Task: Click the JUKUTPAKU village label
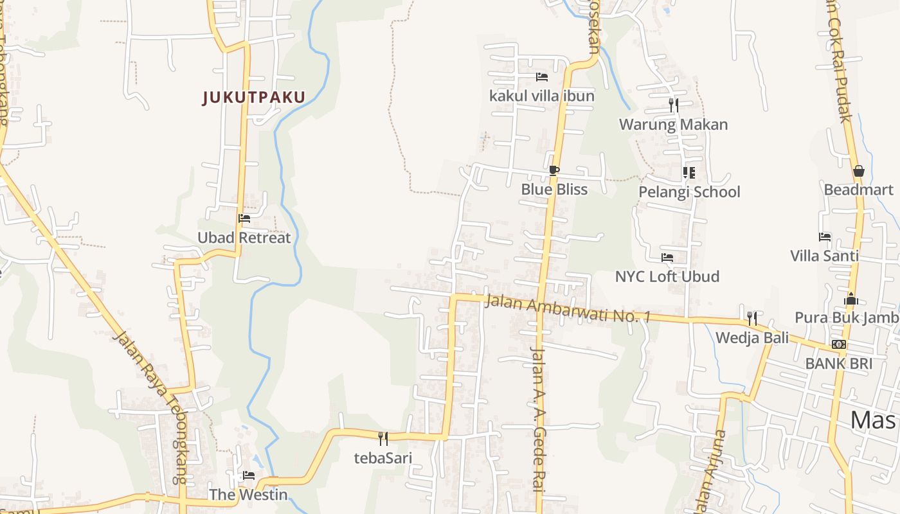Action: [x=253, y=98]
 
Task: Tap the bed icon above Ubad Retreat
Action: [x=244, y=218]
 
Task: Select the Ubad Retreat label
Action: [x=244, y=238]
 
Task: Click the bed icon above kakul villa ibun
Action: [x=542, y=77]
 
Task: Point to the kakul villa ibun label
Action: [x=542, y=96]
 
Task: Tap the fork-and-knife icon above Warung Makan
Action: [x=673, y=105]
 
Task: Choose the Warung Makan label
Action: [x=673, y=125]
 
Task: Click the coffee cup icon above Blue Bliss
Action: [x=553, y=170]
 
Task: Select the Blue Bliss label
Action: [x=554, y=190]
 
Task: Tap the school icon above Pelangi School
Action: [x=688, y=172]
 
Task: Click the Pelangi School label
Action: [x=689, y=192]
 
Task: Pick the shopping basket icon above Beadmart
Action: [x=858, y=171]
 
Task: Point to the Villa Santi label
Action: [x=824, y=256]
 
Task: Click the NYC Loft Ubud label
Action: [x=667, y=277]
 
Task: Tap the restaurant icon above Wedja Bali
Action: [x=751, y=318]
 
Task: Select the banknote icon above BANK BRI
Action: [x=838, y=344]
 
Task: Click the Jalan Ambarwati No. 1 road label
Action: [x=568, y=309]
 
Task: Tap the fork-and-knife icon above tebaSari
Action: [x=382, y=438]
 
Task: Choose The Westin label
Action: [x=248, y=495]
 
